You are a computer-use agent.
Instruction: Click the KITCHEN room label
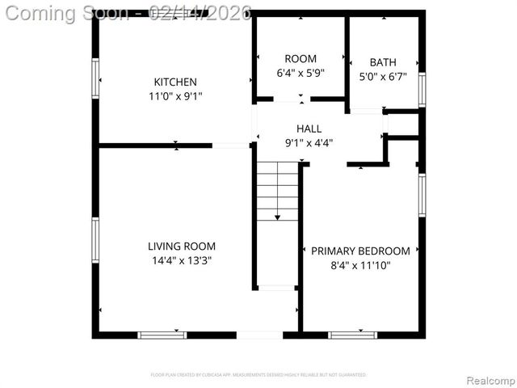(175, 82)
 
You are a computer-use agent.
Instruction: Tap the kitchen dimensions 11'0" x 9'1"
(175, 96)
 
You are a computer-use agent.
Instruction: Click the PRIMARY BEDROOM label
(360, 251)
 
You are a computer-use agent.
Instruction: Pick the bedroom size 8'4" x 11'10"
(360, 265)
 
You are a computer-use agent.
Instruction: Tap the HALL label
(309, 129)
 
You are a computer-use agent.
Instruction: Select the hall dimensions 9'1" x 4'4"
(309, 143)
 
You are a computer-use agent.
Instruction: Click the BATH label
(383, 62)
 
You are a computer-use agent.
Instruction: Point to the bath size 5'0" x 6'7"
(383, 77)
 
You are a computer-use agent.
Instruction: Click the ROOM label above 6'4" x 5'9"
(301, 58)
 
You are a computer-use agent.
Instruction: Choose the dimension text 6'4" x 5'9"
(301, 73)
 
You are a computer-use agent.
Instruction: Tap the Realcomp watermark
(489, 380)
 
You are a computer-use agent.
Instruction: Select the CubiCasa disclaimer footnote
(258, 375)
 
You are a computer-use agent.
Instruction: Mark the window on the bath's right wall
(422, 89)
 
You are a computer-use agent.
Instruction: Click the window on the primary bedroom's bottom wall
(352, 334)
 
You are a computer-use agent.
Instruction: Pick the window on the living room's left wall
(95, 240)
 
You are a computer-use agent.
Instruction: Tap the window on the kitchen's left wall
(95, 78)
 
